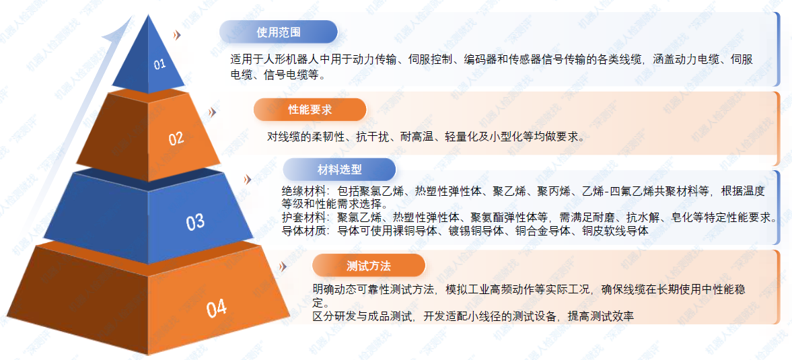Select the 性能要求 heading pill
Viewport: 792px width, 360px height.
pos(310,110)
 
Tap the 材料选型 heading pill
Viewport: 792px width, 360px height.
pos(339,170)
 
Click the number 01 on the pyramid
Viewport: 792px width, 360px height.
pos(159,64)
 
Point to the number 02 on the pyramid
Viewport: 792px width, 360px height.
pos(176,139)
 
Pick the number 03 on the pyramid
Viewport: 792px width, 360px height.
pos(195,222)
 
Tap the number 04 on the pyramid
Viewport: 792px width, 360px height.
pos(216,308)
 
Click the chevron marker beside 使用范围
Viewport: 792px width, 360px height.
pos(176,35)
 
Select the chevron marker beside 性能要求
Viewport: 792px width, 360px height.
pos(212,112)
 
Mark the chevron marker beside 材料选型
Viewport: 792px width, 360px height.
pos(248,180)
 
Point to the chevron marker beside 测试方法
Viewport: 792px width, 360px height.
pos(283,266)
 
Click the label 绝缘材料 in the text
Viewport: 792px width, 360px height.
pos(303,192)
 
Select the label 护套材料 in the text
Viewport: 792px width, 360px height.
pos(303,218)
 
